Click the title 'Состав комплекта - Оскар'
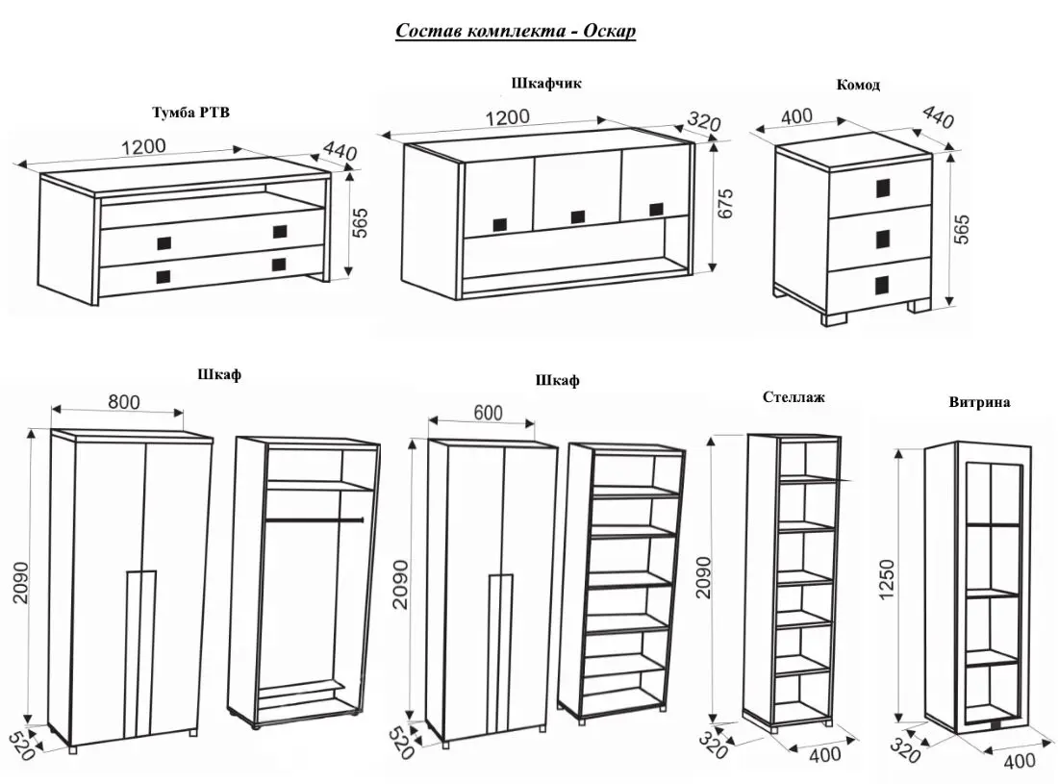pyautogui.click(x=516, y=31)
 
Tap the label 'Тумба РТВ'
pyautogui.click(x=190, y=113)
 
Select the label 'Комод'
pyautogui.click(x=858, y=85)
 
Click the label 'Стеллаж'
pyautogui.click(x=793, y=396)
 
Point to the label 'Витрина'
pyautogui.click(x=978, y=402)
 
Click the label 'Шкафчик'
pyautogui.click(x=545, y=84)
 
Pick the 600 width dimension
pyautogui.click(x=488, y=413)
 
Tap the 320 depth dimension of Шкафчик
pyautogui.click(x=704, y=122)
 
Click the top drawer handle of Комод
pyautogui.click(x=883, y=188)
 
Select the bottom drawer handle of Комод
pyautogui.click(x=883, y=284)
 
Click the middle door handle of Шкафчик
pyautogui.click(x=577, y=217)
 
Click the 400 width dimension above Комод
pyautogui.click(x=795, y=116)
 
